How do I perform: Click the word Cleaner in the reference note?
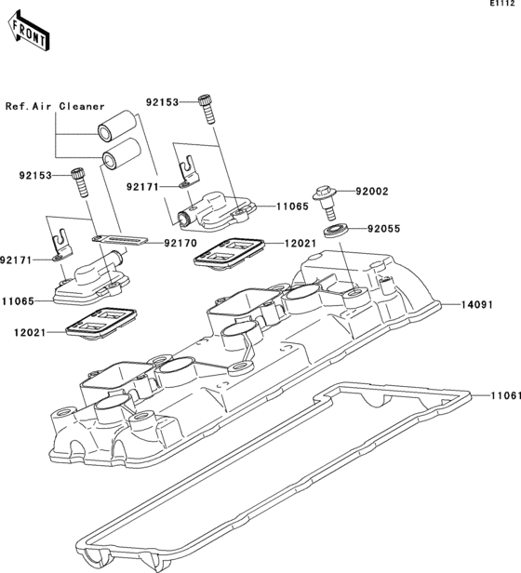click(x=83, y=106)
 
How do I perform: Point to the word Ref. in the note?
click(x=19, y=106)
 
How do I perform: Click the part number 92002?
click(x=370, y=192)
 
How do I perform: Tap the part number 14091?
click(x=475, y=304)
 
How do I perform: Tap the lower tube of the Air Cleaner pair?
click(x=120, y=153)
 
